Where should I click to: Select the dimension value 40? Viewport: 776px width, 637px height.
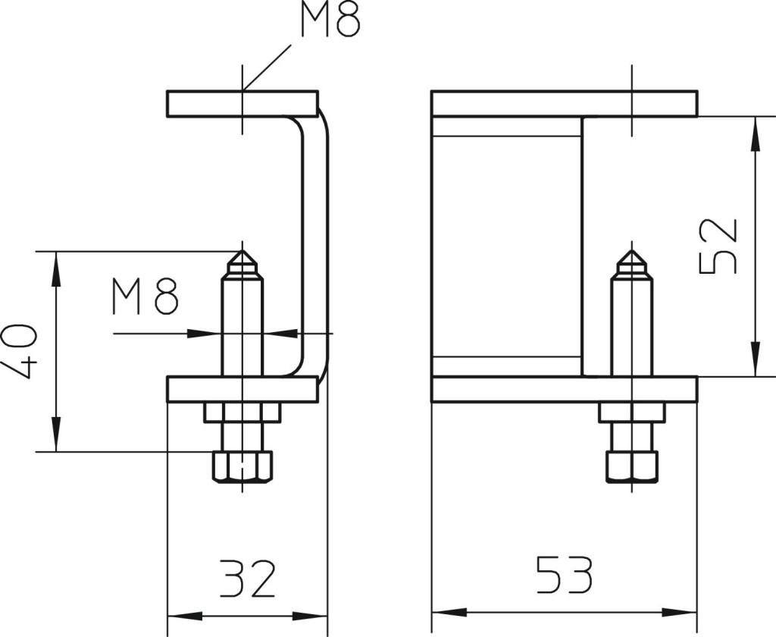tap(19, 352)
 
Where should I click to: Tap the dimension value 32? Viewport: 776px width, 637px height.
tap(246, 578)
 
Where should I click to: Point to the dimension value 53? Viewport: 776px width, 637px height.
tap(564, 575)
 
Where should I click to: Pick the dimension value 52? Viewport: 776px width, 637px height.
tap(718, 246)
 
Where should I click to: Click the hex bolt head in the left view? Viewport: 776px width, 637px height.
tap(242, 466)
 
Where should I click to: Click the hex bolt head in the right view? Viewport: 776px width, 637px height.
tap(632, 466)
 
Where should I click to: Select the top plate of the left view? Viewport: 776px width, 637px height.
tap(242, 104)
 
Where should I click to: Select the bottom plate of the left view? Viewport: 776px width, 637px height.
tap(242, 389)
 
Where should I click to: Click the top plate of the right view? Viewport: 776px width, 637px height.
tap(565, 104)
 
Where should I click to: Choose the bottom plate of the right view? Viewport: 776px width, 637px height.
tap(565, 389)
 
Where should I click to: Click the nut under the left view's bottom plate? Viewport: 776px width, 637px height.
tap(242, 413)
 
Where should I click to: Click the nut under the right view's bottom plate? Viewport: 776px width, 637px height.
tap(632, 413)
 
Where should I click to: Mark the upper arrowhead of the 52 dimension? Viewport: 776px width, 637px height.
tap(755, 133)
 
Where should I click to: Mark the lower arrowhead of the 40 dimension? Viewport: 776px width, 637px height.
tap(56, 435)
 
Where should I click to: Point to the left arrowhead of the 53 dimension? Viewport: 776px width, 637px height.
tap(449, 613)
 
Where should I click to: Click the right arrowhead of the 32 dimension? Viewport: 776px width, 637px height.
tap(310, 617)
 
